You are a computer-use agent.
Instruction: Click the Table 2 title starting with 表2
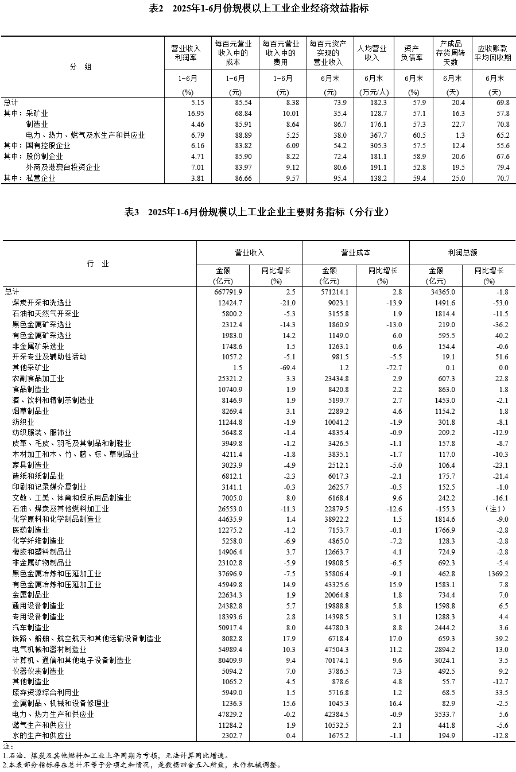tap(258, 9)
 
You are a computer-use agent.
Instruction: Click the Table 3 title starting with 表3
tap(257, 212)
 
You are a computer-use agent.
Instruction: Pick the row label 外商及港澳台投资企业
tap(63, 167)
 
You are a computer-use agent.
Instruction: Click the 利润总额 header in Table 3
tap(462, 253)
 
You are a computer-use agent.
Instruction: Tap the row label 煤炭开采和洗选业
tap(42, 302)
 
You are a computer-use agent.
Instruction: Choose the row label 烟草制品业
tap(31, 411)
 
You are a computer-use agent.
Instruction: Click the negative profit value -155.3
tap(444, 509)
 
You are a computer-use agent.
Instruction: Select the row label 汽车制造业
tap(31, 627)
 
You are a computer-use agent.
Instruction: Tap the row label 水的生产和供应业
tap(42, 735)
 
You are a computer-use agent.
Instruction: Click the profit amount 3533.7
tap(443, 714)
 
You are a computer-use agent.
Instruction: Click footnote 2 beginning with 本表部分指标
tap(141, 765)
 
